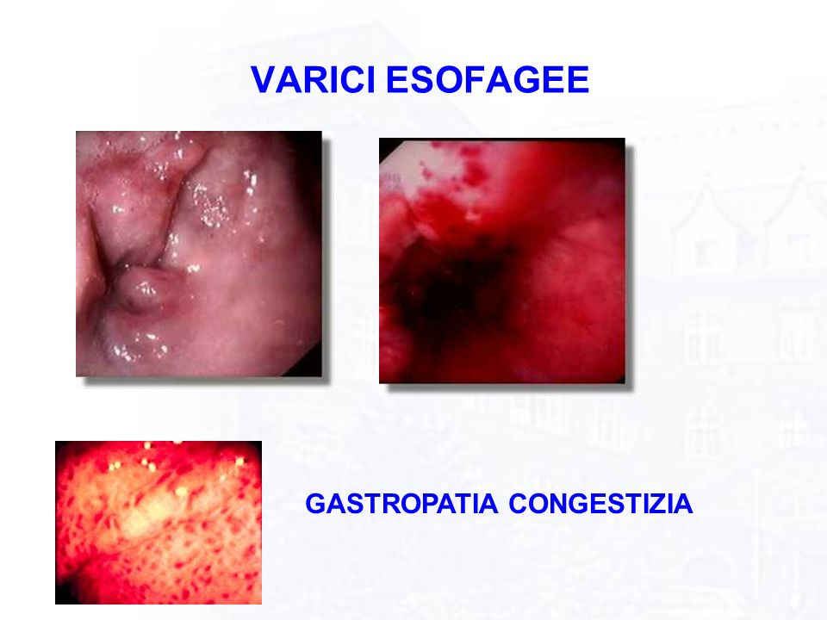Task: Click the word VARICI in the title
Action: coord(312,79)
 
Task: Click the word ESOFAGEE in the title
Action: coord(488,79)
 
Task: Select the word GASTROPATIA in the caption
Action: coord(401,504)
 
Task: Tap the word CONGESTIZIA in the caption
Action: coord(600,504)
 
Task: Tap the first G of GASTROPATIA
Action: coord(315,504)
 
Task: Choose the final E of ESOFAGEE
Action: coord(579,79)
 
